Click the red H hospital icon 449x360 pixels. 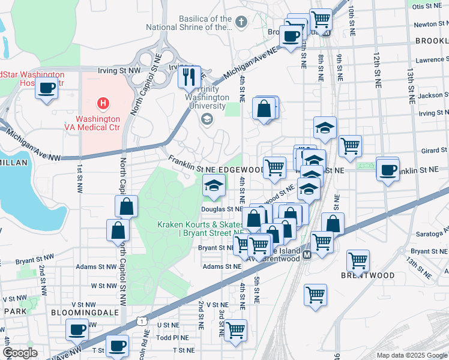(103, 103)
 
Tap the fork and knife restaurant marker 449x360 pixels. (189, 76)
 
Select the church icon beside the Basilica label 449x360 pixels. (241, 23)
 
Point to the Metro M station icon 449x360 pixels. (307, 255)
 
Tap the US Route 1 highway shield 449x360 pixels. (141, 322)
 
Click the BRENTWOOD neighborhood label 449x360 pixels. (368, 275)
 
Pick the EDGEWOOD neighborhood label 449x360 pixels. (243, 170)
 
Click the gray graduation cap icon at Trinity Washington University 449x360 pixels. (207, 119)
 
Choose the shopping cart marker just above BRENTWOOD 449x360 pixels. (358, 260)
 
